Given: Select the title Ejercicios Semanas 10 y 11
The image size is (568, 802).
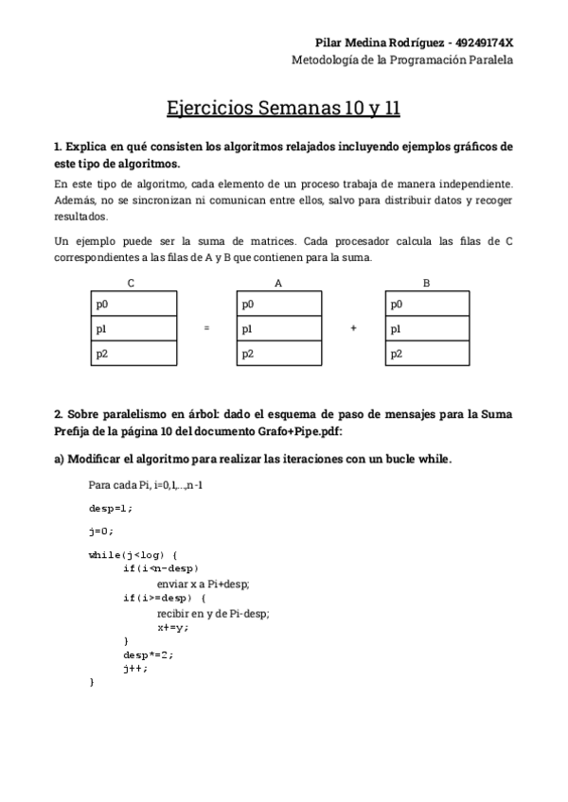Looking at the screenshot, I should [x=284, y=108].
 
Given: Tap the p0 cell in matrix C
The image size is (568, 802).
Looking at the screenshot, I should [x=133, y=305].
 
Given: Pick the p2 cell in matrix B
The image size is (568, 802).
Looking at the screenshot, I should [x=428, y=354].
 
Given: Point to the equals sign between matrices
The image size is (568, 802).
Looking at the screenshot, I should [x=207, y=329].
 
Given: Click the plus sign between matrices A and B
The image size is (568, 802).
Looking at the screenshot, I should [x=353, y=329].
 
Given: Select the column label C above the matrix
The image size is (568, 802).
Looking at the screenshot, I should [x=131, y=283].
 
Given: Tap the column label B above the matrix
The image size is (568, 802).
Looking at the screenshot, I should [x=426, y=283].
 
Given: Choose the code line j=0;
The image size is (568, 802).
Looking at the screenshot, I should [x=101, y=531].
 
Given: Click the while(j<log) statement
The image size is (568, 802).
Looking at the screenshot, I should [x=133, y=554].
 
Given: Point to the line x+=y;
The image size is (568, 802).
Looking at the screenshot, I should [x=173, y=627].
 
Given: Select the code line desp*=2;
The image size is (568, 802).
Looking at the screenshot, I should [x=149, y=654].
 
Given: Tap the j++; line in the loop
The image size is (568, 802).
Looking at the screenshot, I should [x=135, y=668].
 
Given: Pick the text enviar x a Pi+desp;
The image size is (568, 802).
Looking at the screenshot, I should [x=203, y=584].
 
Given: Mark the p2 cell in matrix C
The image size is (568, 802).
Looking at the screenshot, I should [x=133, y=354].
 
